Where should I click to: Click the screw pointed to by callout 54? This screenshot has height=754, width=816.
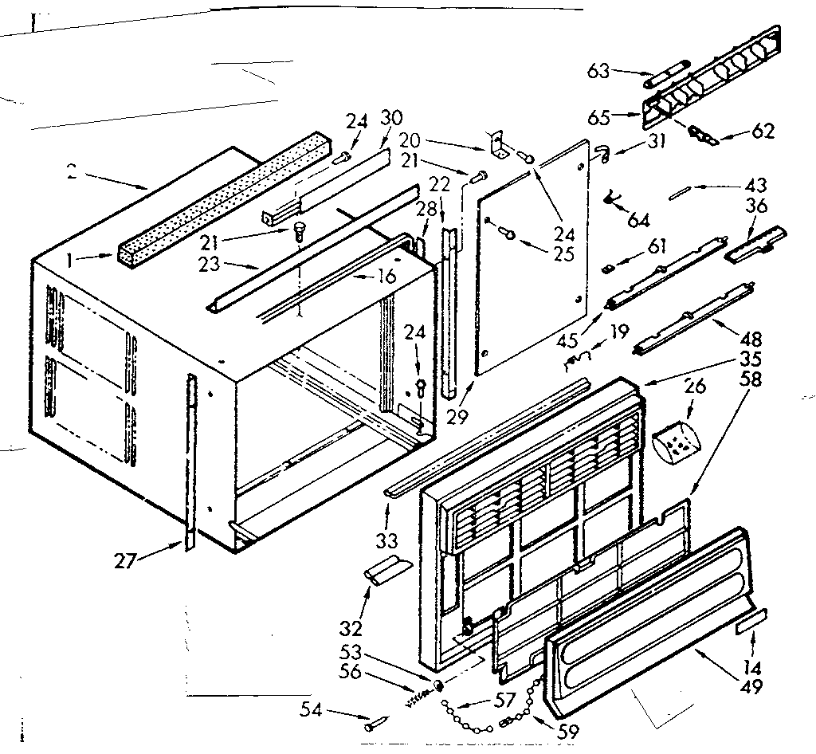[375, 725]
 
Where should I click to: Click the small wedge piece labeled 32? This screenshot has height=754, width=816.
[385, 571]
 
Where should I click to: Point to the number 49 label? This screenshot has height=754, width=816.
[751, 686]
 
